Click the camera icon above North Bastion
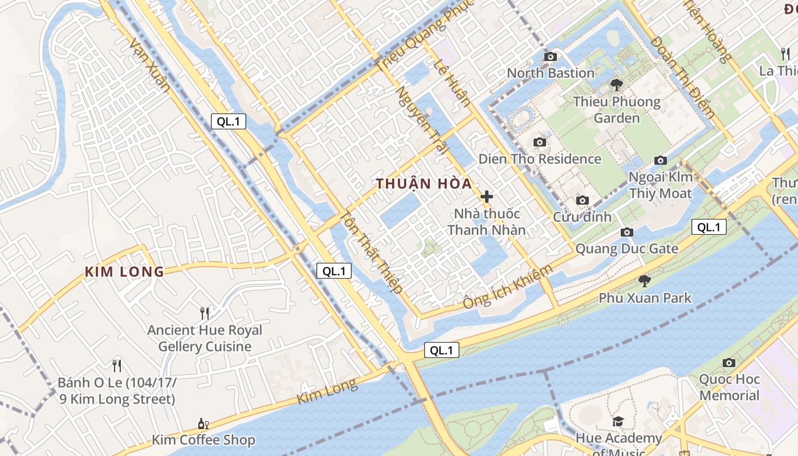tap(551, 56)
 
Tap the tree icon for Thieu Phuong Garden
tap(616, 85)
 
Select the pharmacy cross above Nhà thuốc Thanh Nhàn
tap(486, 197)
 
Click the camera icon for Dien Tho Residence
tap(539, 142)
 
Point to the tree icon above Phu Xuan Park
tap(645, 280)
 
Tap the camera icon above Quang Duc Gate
tap(627, 232)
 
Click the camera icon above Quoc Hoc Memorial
tap(728, 363)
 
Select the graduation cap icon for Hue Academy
tap(618, 421)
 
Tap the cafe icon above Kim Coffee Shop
tap(203, 424)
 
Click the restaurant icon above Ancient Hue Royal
tap(205, 313)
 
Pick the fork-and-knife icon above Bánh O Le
tap(117, 365)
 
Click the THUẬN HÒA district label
tap(424, 184)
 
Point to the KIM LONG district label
tap(124, 272)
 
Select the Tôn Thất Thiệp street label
tap(372, 252)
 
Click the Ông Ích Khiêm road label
tap(507, 287)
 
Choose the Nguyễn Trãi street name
tap(420, 120)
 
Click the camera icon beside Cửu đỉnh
tap(582, 200)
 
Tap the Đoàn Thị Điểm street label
tap(682, 77)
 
